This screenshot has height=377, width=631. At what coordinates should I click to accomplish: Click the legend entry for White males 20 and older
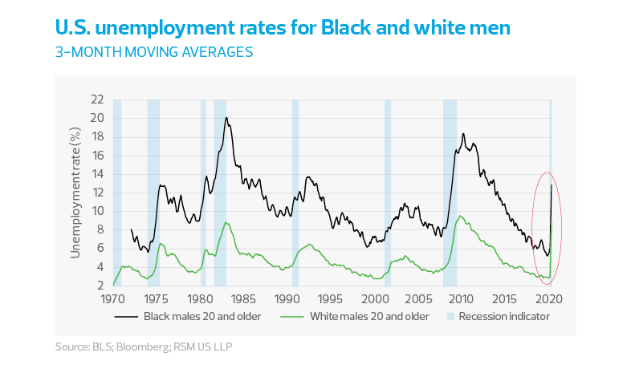pos(354,317)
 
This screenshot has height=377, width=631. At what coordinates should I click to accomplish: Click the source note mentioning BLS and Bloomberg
pos(148,347)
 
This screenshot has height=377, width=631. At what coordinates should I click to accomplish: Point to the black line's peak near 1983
pos(226,119)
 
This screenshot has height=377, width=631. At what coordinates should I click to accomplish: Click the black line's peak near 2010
pos(463,134)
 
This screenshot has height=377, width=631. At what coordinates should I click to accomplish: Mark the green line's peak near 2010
pos(459,214)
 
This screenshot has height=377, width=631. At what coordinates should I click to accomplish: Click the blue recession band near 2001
pos(388,193)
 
